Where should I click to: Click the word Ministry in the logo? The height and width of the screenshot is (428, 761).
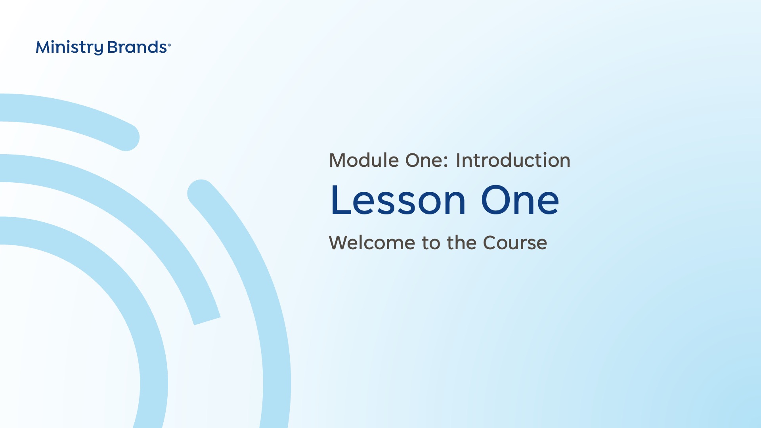click(x=69, y=48)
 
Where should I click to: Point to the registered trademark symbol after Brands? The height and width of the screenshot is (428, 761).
click(x=169, y=45)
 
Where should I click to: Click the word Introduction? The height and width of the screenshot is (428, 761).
click(x=513, y=160)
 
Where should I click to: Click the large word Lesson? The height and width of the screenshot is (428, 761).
click(x=398, y=200)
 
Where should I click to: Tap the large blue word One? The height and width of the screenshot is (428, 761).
click(x=520, y=200)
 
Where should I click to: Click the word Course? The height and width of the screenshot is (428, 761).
click(x=515, y=243)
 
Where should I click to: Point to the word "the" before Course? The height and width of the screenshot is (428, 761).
click(x=462, y=243)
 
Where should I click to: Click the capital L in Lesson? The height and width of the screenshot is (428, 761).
click(x=340, y=200)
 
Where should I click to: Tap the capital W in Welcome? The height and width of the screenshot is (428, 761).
click(x=341, y=243)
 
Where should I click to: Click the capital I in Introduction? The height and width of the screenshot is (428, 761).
click(x=458, y=160)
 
